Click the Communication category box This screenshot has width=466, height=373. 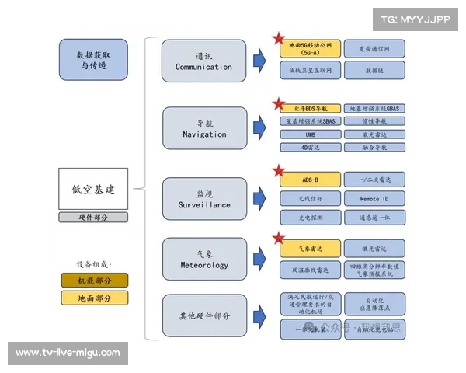(x=203, y=61)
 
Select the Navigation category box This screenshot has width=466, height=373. (x=203, y=128)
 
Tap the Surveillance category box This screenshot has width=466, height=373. (x=203, y=198)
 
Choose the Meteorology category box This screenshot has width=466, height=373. (x=203, y=259)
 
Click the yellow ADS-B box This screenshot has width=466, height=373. (x=310, y=179)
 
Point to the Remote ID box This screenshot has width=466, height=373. (x=375, y=199)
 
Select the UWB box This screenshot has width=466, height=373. (x=310, y=134)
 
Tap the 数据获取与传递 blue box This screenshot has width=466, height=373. (x=92, y=60)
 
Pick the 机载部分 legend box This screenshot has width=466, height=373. (x=95, y=281)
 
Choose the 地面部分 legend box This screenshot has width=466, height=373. (x=95, y=298)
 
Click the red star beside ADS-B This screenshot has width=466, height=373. (x=277, y=171)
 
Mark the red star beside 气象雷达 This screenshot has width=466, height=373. (x=277, y=239)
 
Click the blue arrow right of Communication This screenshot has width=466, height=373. (x=259, y=61)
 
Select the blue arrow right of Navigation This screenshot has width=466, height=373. (x=259, y=128)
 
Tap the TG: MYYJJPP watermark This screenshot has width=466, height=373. (x=415, y=19)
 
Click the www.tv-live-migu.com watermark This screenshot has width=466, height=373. (x=68, y=353)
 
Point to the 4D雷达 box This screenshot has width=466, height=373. (x=310, y=147)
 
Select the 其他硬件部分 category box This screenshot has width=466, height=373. (x=203, y=316)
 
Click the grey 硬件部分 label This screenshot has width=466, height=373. (x=92, y=218)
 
